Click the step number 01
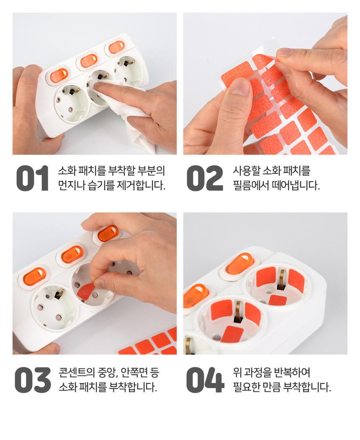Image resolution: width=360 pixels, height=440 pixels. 33,178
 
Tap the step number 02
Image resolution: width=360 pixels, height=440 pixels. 205,178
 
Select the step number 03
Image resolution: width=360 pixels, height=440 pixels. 33,380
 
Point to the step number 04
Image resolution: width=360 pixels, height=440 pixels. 205,380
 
